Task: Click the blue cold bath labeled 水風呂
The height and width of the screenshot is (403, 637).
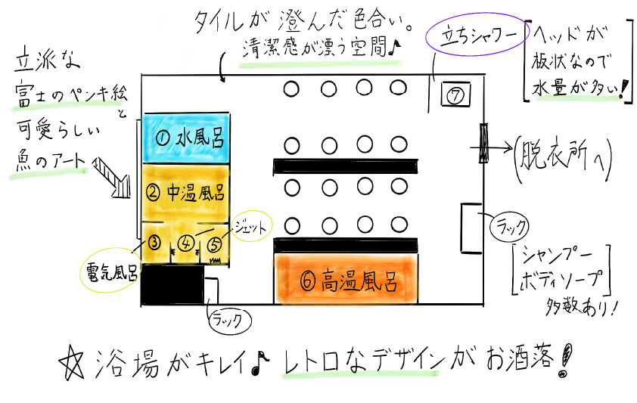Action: coord(186,137)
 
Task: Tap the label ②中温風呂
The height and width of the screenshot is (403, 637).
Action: coord(186,191)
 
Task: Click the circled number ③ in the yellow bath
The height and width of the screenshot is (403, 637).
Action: coord(154,243)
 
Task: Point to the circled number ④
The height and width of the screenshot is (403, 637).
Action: coord(185,243)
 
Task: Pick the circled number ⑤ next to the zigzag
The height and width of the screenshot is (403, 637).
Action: coord(215,243)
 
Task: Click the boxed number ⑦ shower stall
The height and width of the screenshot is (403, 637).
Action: coord(455,95)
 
